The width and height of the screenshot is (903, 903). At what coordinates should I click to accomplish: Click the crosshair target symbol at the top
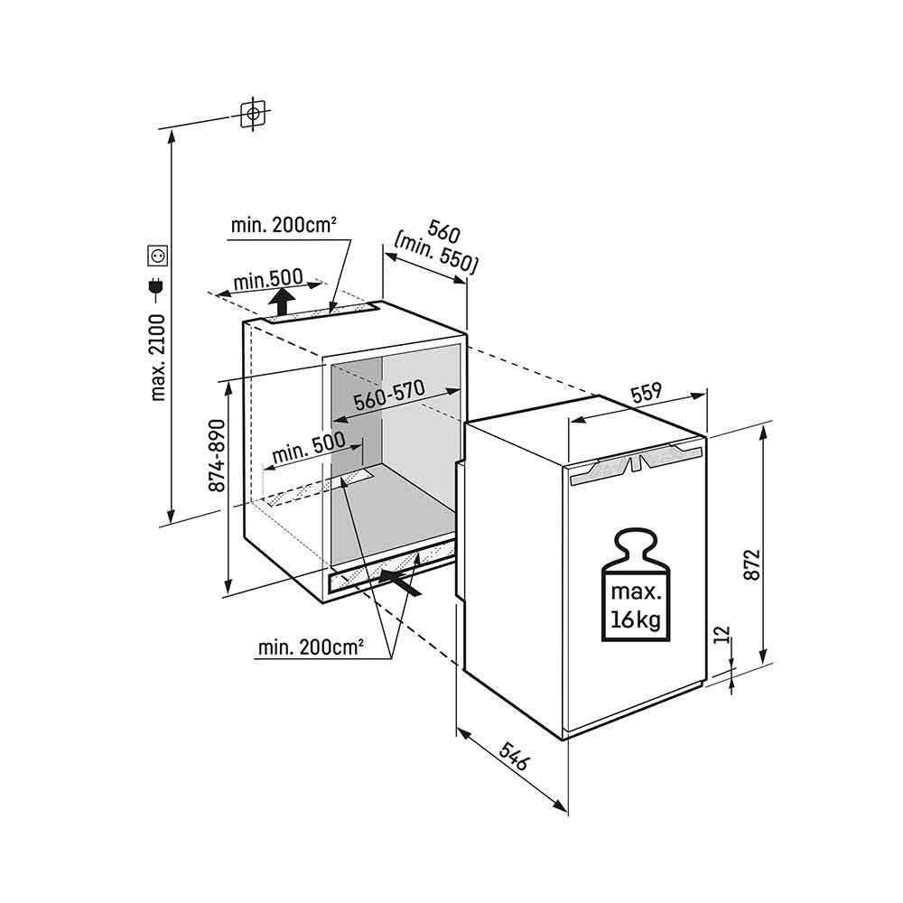coord(253,114)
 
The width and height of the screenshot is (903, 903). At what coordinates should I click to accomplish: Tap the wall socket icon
coord(158,256)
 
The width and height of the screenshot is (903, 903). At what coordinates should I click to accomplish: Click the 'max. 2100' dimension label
coord(157,357)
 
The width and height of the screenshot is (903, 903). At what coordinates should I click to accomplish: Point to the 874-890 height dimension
coord(217,455)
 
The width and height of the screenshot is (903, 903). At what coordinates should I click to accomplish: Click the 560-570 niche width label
coord(388,395)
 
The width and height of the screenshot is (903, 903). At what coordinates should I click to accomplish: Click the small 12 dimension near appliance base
coord(724,635)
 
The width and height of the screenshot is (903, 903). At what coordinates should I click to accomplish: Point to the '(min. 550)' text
coord(436,254)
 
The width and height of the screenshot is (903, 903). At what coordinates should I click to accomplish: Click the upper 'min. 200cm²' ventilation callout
coord(283,225)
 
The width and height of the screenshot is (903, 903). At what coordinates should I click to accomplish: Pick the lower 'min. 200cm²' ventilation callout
coord(311,647)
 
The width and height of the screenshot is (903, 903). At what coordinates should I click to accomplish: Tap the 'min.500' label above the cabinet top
coord(268,280)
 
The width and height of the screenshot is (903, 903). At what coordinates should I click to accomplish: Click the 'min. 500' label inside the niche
coord(309,448)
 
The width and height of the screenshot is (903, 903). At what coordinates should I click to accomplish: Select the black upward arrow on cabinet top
coord(282,302)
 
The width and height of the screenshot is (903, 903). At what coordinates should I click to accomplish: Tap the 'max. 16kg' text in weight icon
coord(636,606)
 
